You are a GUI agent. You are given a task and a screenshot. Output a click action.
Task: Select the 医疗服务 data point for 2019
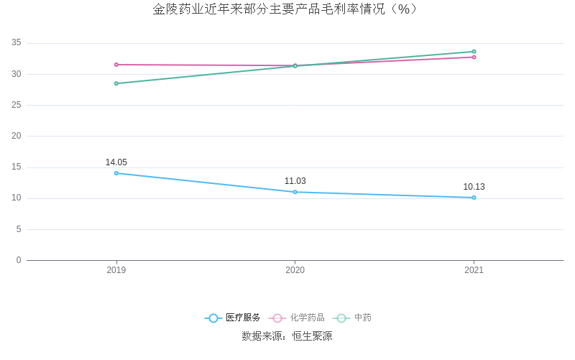click(116, 173)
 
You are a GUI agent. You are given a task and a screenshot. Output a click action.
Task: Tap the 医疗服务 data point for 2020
click(295, 192)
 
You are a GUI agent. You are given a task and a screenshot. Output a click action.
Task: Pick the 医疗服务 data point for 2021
click(474, 198)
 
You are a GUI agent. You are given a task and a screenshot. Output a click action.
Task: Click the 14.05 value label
click(116, 162)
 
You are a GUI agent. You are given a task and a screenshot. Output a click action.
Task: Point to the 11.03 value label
click(295, 181)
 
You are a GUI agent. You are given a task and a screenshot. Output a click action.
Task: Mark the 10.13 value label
click(474, 187)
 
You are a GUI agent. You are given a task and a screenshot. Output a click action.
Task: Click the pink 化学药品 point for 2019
click(116, 65)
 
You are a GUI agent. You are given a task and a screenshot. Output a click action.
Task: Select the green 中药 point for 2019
click(116, 83)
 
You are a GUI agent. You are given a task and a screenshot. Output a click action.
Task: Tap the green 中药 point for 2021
click(474, 52)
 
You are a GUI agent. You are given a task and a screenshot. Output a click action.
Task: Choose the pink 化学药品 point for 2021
click(474, 57)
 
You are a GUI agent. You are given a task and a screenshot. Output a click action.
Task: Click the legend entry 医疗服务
click(233, 318)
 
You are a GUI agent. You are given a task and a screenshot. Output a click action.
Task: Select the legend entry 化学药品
click(298, 318)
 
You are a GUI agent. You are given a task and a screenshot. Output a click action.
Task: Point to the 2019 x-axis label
click(116, 270)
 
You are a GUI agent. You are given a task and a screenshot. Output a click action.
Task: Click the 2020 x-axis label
click(295, 270)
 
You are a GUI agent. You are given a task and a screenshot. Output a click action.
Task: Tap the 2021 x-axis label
click(474, 270)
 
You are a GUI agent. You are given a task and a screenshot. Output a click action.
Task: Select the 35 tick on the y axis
click(17, 43)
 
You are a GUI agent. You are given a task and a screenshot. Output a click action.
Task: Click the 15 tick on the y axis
click(17, 167)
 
